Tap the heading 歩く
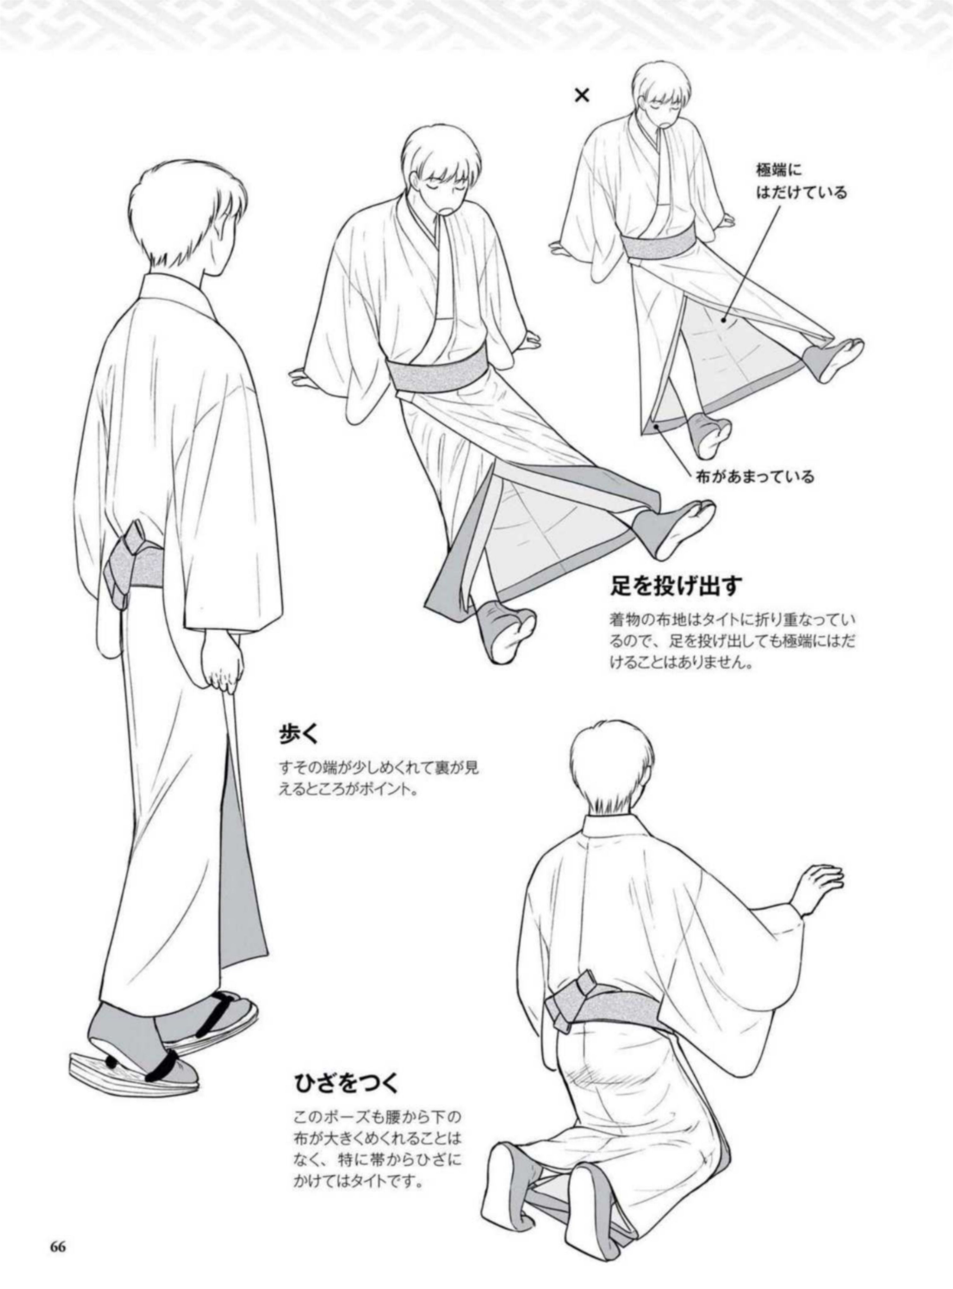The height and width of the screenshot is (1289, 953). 299,735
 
